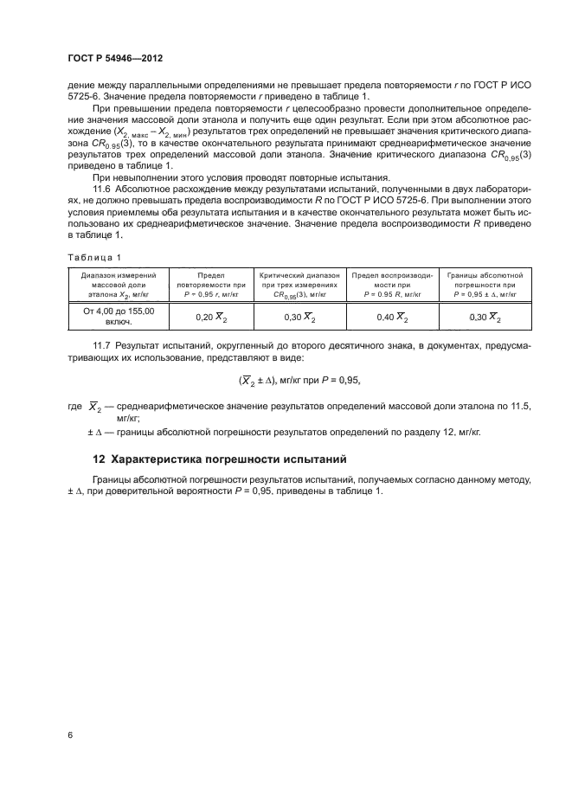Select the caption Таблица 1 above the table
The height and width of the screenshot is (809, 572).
[94, 257]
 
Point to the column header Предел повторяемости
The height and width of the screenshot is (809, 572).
[211, 283]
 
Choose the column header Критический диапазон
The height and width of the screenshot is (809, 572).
[302, 283]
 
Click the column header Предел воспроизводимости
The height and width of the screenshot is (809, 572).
[393, 283]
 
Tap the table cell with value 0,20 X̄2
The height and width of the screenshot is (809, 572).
[211, 318]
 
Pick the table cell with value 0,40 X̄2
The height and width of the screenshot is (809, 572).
[393, 318]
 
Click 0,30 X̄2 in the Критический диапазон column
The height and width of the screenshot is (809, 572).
[302, 318]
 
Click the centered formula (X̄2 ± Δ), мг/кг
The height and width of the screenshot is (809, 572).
[299, 380]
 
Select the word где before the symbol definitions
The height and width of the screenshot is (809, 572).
[74, 406]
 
